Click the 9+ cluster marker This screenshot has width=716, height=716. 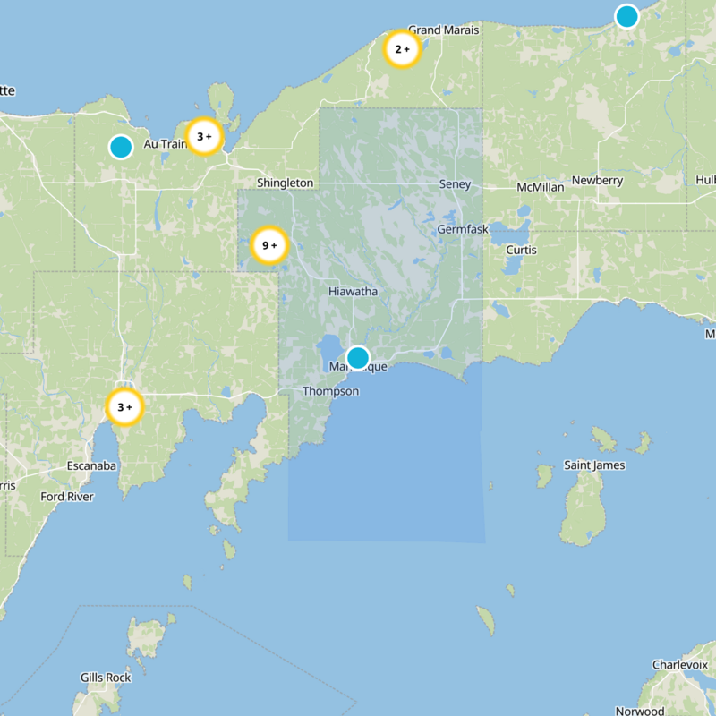tap(268, 245)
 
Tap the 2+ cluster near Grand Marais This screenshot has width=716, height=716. tap(402, 49)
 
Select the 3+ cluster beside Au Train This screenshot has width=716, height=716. tap(203, 137)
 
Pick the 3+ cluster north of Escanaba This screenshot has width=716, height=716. tap(124, 407)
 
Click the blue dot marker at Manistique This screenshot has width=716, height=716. tap(357, 358)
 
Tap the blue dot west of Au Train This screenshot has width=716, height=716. tap(120, 147)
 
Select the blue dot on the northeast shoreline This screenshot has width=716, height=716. tap(626, 16)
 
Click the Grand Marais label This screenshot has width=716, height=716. tap(444, 30)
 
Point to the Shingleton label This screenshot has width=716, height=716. tap(286, 183)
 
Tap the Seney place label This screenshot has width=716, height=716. tap(455, 184)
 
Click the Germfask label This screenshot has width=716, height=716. tap(463, 230)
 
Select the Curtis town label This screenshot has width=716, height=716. tap(521, 250)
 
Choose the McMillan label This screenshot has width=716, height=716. tap(541, 187)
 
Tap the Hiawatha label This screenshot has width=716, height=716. tap(353, 292)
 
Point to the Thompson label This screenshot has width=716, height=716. tap(330, 391)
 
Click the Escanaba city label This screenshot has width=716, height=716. tap(92, 465)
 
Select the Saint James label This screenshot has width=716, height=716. tap(594, 465)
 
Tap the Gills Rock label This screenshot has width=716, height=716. tap(106, 678)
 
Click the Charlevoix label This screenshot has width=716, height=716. tap(679, 665)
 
